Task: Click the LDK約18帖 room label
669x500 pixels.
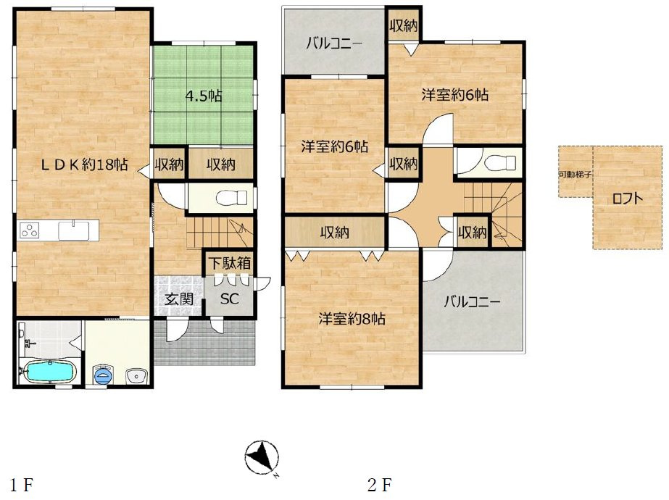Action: click(x=84, y=164)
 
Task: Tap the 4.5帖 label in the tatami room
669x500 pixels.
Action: click(x=204, y=96)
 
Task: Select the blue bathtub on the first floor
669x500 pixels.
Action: click(x=49, y=371)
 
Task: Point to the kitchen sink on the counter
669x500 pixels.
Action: click(x=74, y=230)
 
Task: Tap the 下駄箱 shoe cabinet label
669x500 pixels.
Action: click(x=230, y=263)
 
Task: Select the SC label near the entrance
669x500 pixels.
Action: click(x=230, y=299)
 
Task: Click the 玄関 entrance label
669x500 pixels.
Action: click(x=179, y=299)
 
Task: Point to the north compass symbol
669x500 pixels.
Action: click(x=262, y=458)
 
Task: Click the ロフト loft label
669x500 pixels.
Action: click(x=627, y=199)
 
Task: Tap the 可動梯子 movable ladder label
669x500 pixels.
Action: click(x=575, y=175)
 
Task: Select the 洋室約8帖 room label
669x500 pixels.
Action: click(x=352, y=319)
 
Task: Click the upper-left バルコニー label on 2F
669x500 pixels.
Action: click(x=334, y=44)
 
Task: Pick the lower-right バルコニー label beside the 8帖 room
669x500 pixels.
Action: click(x=472, y=302)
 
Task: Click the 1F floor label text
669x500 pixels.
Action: click(x=22, y=485)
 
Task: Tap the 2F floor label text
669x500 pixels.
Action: click(x=379, y=485)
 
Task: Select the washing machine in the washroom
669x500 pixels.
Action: click(x=103, y=375)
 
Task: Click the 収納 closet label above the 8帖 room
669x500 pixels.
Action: click(x=335, y=233)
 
